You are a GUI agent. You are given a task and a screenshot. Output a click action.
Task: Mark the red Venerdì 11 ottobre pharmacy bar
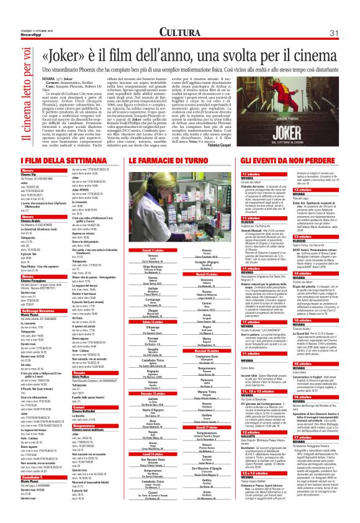154,250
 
